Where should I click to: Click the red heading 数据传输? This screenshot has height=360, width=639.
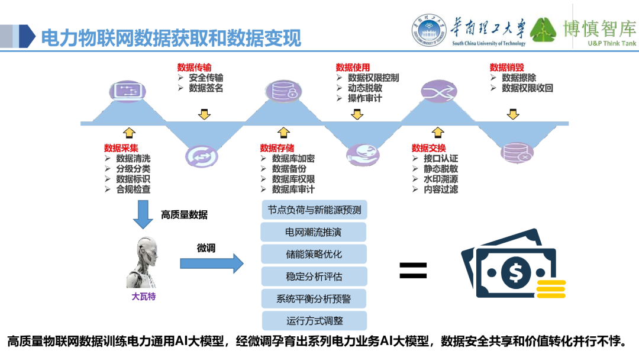point(194,67)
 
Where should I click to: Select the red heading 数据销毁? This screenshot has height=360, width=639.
point(506,67)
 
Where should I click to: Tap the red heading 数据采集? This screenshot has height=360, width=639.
point(121,148)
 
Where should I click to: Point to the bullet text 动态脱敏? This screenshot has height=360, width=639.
point(364,88)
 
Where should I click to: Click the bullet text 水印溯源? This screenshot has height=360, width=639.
point(440,179)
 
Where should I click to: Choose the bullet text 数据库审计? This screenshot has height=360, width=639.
point(293,189)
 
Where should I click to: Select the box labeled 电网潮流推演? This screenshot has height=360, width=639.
point(314,232)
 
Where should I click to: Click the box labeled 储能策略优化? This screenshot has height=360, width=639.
point(314,255)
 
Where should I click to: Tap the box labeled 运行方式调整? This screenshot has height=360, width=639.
point(314,321)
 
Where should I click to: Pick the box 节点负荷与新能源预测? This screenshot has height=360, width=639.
point(314,210)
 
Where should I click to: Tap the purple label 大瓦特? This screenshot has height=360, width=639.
point(143,297)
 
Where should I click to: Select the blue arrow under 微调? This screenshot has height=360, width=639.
point(211,263)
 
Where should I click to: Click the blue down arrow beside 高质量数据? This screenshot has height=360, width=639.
point(143,214)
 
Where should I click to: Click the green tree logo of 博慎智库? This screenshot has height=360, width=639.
point(543,30)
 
